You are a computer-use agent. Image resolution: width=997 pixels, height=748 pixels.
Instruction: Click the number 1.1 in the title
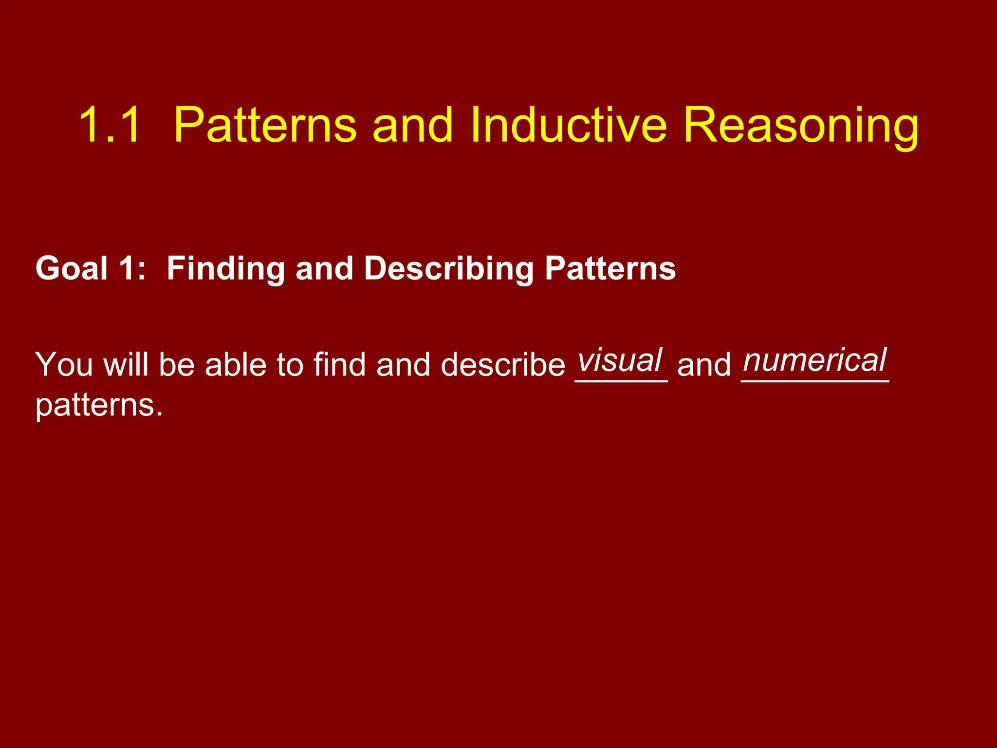tap(110, 125)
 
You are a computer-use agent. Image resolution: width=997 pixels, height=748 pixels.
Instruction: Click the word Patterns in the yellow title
tap(265, 125)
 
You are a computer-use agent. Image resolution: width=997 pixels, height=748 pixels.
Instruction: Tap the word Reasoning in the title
tap(801, 128)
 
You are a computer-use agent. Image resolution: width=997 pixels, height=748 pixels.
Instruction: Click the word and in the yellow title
tap(413, 125)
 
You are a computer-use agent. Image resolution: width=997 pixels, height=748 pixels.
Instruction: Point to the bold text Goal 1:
tap(91, 268)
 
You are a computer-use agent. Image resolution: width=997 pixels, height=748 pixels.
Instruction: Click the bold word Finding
tap(225, 269)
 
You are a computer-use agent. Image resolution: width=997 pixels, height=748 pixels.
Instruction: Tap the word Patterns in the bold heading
tap(610, 268)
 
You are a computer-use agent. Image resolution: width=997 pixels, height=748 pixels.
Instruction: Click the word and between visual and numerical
tap(704, 365)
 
